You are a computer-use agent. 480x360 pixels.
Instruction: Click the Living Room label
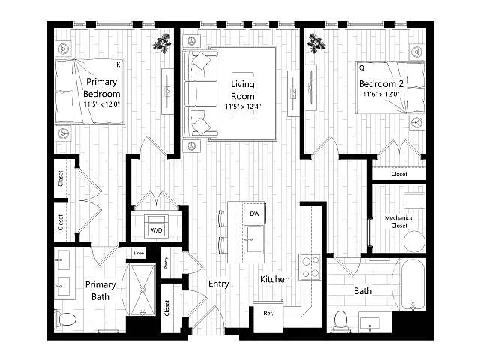coord(243,90)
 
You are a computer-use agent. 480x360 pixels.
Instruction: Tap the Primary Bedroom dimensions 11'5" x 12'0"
coord(102,104)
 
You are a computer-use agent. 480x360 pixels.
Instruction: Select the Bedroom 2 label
coord(381,83)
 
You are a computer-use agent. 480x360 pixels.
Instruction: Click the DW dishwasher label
coord(255,214)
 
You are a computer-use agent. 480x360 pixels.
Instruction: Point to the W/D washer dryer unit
coord(156,226)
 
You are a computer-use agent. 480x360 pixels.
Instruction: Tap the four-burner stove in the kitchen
coord(310,267)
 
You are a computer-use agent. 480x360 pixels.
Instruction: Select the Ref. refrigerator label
coord(268,313)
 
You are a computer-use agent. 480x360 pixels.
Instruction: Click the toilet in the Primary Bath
coord(65,319)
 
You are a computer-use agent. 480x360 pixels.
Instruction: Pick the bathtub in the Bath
coord(413,283)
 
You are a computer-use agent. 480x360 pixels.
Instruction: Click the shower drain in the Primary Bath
coord(142,289)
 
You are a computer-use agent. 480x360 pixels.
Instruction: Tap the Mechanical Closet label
coord(399,222)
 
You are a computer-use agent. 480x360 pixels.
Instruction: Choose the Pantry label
coord(166,262)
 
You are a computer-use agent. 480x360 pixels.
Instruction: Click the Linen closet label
coord(139,253)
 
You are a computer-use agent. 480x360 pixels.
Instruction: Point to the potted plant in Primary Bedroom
coord(162,43)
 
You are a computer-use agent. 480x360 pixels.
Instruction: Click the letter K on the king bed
coord(118,64)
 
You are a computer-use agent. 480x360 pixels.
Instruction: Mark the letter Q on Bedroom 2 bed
coord(361,67)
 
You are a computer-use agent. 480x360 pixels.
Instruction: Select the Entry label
coord(218,283)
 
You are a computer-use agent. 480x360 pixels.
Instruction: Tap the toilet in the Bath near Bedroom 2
coord(340,320)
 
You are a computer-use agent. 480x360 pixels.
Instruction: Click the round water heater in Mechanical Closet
coord(414,241)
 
